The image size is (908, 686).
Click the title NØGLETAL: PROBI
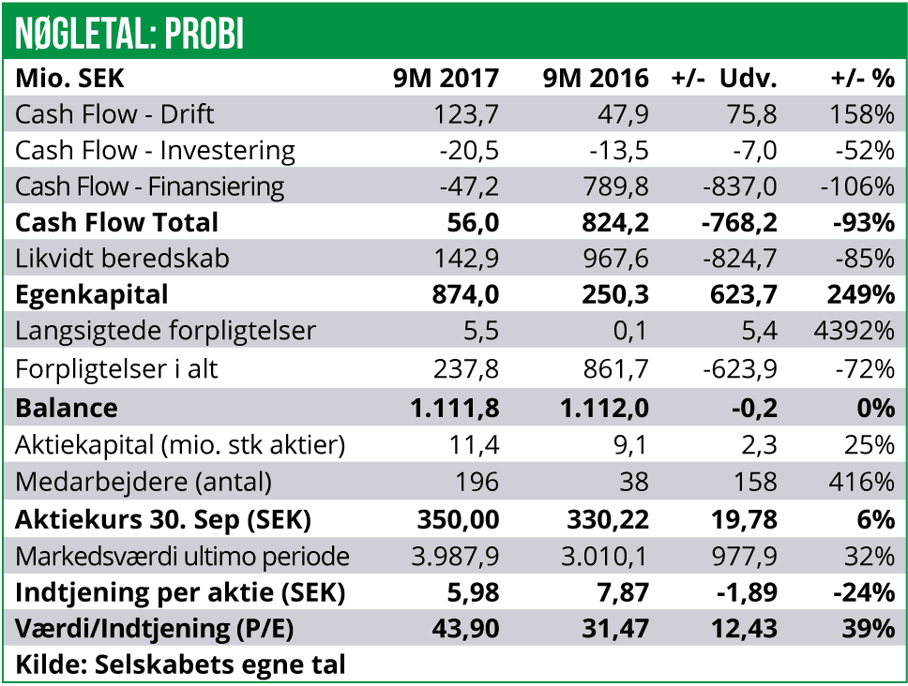129,33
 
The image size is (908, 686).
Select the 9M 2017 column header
446,78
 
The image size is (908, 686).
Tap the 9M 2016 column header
596,78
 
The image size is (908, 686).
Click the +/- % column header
862,78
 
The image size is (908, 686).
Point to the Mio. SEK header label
69,78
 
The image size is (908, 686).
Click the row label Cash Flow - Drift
114,114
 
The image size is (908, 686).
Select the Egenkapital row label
92,294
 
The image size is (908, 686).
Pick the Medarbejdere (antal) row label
144,483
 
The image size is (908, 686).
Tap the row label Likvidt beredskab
122,259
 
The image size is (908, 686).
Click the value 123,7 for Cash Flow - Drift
466,114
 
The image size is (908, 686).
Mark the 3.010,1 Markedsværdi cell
603,556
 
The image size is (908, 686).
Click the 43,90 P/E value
466,629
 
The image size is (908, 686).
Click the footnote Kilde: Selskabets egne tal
181,665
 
